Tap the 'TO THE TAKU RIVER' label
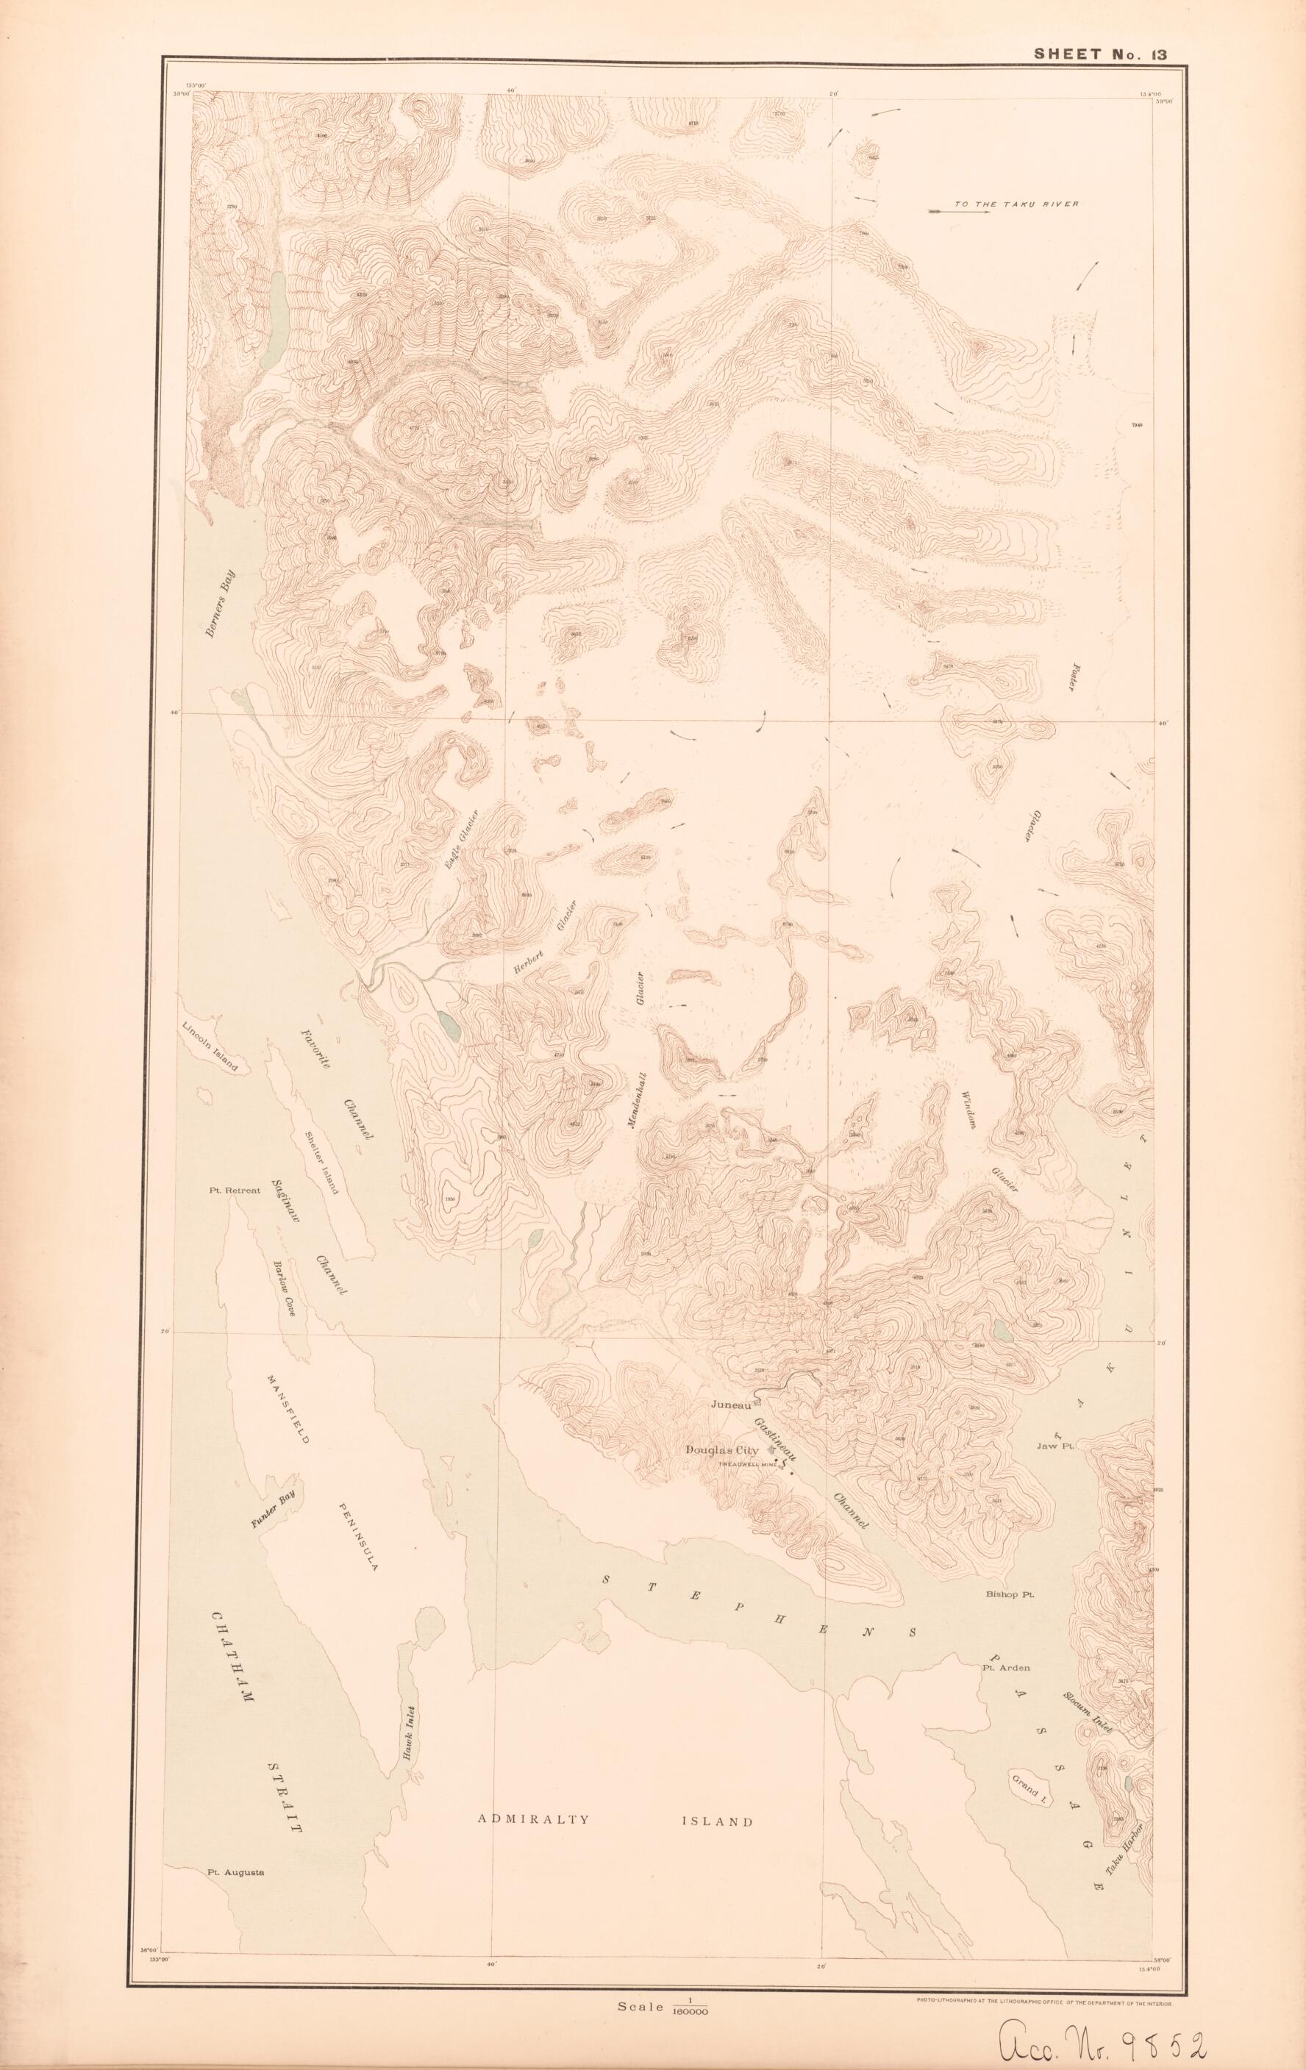click(1016, 204)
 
